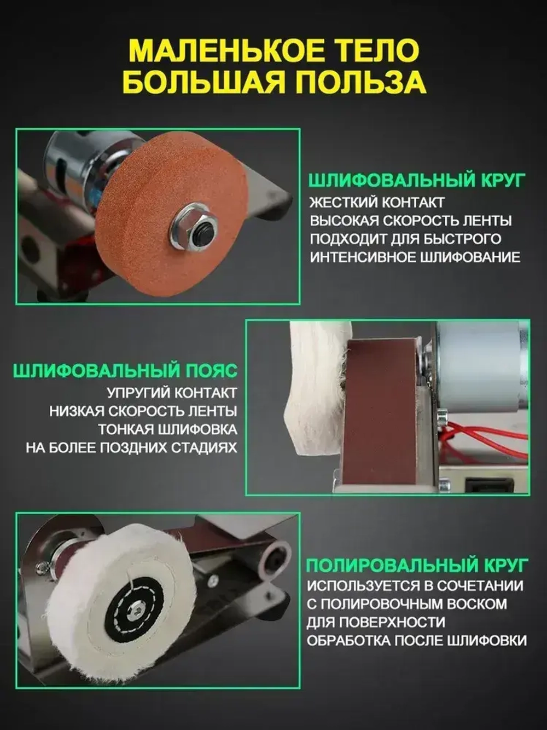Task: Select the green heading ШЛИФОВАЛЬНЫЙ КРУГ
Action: click(417, 180)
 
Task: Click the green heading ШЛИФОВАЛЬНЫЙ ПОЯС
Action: click(125, 371)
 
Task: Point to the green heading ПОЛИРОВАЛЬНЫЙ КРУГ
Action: click(417, 565)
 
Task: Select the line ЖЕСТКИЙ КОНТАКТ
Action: click(377, 203)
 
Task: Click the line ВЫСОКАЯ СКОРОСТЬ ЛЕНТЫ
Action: click(411, 221)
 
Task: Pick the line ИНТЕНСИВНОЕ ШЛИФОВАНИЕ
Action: click(415, 257)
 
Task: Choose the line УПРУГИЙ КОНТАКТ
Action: click(172, 393)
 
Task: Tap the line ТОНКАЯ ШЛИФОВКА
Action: click(168, 429)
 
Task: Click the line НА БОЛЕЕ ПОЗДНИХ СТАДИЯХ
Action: click(131, 447)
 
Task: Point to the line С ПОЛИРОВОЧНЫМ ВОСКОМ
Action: click(406, 604)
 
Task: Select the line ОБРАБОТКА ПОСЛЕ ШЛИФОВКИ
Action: click(416, 640)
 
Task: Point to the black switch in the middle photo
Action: click(488, 484)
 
